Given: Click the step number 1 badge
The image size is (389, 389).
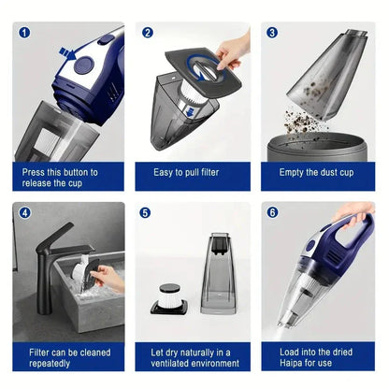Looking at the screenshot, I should [x=24, y=33].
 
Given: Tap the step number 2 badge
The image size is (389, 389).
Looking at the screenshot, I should [x=148, y=33].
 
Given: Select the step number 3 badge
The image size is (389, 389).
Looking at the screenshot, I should [x=272, y=33].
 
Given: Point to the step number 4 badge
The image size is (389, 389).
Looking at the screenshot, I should [x=24, y=212].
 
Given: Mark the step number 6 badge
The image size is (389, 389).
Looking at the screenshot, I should [x=272, y=212].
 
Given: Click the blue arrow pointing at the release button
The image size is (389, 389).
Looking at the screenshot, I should [x=67, y=52].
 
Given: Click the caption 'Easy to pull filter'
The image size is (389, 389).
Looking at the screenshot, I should [x=194, y=173].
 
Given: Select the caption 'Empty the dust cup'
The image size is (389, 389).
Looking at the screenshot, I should [x=318, y=173].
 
